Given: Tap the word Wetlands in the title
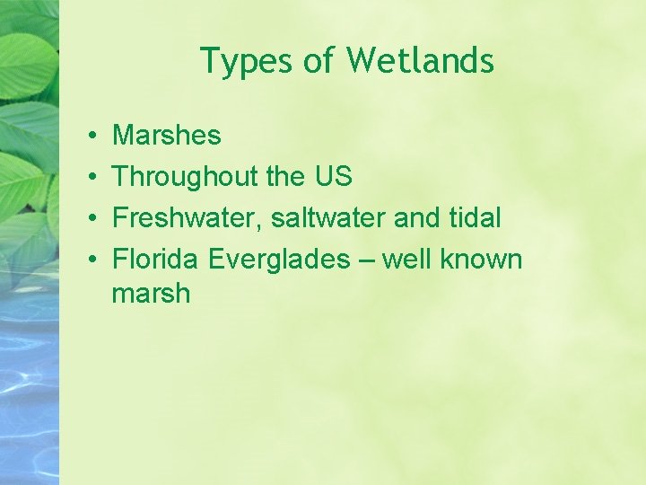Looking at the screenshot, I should [420, 60].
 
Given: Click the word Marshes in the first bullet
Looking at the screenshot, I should [166, 136].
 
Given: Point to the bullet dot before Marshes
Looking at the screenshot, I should [94, 137].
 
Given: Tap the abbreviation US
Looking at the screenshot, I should [333, 177].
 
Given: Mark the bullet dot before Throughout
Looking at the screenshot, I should [94, 178].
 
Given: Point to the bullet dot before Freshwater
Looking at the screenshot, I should [94, 219].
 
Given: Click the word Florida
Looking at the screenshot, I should [156, 260].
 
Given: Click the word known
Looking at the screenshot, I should [481, 260].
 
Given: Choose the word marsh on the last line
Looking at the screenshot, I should [151, 294].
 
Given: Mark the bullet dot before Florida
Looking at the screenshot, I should [94, 260].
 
